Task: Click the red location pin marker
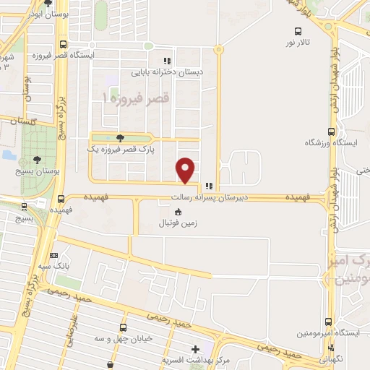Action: (x=186, y=170)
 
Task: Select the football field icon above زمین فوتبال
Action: (x=178, y=212)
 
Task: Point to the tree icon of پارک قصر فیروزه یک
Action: (x=120, y=139)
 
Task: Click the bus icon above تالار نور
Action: (x=298, y=30)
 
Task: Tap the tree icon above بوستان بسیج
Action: (x=36, y=160)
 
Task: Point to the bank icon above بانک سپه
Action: (x=55, y=255)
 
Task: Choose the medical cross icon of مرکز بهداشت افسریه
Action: (x=196, y=348)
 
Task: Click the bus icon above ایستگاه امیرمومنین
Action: (x=329, y=322)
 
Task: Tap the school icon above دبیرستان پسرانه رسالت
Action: (x=209, y=186)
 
